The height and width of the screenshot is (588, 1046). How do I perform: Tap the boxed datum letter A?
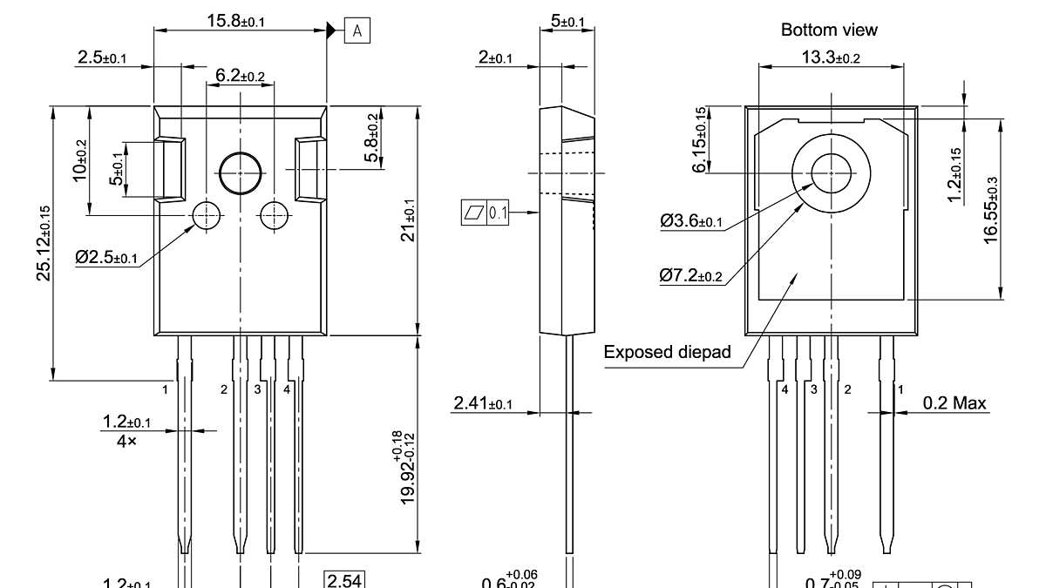(x=357, y=31)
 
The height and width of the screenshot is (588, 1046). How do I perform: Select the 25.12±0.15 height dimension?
(x=43, y=243)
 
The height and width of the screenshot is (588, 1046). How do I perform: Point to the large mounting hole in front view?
(x=240, y=172)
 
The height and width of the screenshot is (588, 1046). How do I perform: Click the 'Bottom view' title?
(x=829, y=30)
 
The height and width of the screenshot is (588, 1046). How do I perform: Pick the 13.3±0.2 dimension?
(x=830, y=57)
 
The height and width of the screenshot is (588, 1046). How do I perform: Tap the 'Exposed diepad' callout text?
(x=667, y=353)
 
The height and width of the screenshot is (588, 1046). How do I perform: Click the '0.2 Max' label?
(x=955, y=402)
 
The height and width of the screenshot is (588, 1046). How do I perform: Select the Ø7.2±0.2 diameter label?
(x=690, y=276)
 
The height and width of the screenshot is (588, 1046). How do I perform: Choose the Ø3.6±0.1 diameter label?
(x=690, y=221)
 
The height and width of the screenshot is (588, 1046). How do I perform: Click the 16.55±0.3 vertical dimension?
(x=991, y=210)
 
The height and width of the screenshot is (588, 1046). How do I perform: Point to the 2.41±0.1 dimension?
(x=483, y=403)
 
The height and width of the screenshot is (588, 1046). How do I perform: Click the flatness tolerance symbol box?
(x=473, y=212)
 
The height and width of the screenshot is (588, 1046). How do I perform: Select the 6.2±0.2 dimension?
(x=240, y=77)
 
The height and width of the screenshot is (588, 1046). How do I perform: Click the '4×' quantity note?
(x=126, y=442)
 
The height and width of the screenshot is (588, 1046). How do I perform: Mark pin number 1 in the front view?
(x=165, y=389)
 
